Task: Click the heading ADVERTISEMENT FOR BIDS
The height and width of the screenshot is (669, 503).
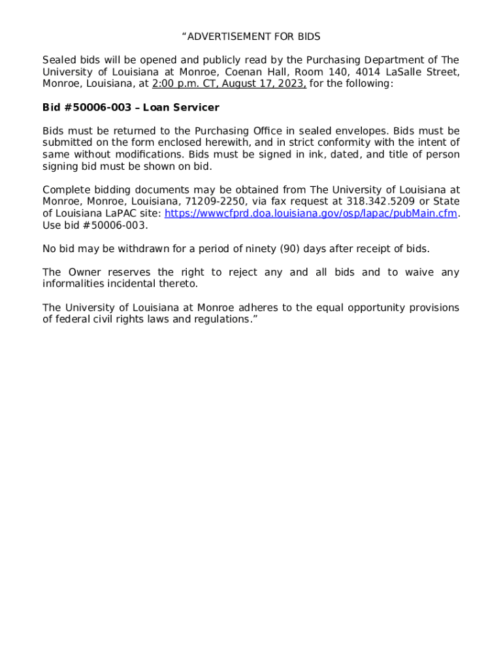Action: pyautogui.click(x=252, y=37)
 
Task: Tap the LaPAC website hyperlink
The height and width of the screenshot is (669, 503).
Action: pyautogui.click(x=311, y=214)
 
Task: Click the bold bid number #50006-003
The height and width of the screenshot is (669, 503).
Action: pyautogui.click(x=97, y=107)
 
